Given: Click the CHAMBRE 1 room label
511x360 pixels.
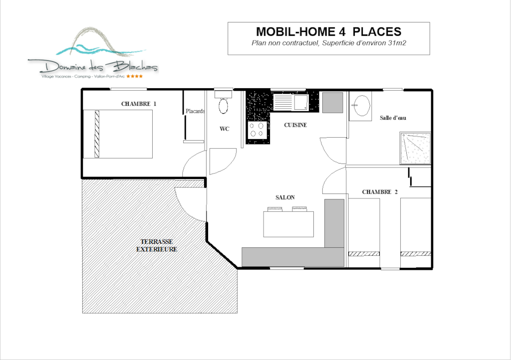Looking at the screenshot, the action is coord(139,104).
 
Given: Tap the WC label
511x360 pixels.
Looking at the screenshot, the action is coord(224,129).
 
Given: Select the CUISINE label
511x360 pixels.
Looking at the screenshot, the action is coord(295,125).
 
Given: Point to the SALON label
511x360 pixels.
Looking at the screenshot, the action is coord(285,197).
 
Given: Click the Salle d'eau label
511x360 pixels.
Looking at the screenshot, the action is coord(393,118).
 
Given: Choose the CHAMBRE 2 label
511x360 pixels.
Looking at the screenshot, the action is coord(380,192).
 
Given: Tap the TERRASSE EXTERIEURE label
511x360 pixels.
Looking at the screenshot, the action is coord(156,245).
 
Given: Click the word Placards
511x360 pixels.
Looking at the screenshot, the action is coord(195,111).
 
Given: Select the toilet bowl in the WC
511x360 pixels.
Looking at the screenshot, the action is coord(223,106).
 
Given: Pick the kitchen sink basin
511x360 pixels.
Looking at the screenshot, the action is coord(301,103).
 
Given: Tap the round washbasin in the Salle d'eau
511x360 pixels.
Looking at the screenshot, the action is coord(361,106).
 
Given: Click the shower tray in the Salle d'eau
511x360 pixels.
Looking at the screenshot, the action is coord(415,148).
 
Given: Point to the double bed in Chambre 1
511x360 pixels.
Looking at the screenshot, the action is coord(118,134).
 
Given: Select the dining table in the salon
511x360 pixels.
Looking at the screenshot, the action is coord(288,224).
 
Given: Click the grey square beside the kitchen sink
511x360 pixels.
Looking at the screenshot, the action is coord(332,103).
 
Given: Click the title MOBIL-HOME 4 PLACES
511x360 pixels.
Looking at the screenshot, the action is coord(328,31).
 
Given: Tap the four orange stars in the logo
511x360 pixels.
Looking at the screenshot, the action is coord(134,76).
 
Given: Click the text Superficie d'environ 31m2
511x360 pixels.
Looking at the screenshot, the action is coord(364,43).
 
